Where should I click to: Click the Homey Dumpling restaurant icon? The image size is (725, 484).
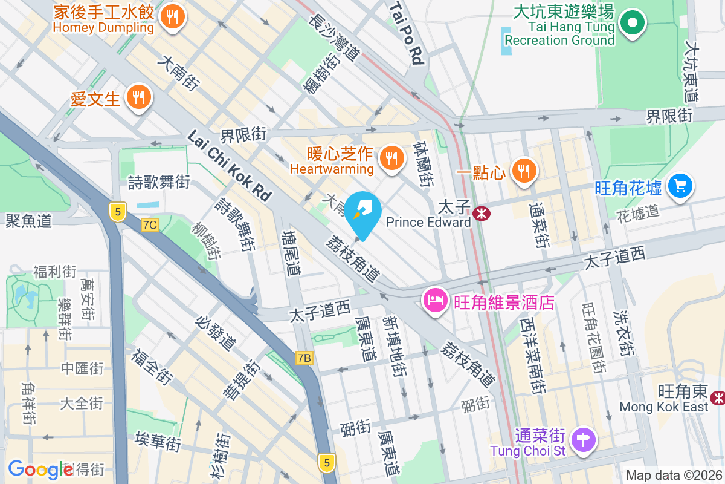[173, 16]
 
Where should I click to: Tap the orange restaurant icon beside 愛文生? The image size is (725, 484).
[139, 96]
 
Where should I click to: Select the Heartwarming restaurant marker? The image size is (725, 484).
[392, 159]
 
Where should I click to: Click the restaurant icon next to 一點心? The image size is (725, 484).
[524, 171]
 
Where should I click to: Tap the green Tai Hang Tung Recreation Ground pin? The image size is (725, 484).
[633, 24]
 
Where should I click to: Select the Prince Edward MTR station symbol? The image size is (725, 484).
[482, 213]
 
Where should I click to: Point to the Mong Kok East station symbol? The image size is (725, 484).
[718, 397]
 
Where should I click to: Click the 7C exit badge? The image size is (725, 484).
[150, 225]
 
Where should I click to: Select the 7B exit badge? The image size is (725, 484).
[305, 358]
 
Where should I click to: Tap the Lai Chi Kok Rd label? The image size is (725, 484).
[230, 166]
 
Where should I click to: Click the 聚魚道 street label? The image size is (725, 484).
[28, 221]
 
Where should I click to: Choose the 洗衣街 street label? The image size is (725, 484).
[623, 332]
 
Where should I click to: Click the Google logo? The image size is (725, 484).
[41, 469]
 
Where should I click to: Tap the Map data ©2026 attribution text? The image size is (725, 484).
[673, 475]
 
